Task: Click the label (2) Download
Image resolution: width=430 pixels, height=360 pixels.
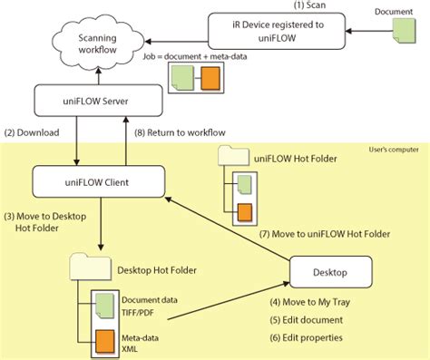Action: point(34,132)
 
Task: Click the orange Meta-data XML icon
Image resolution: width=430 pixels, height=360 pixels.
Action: point(104,343)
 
